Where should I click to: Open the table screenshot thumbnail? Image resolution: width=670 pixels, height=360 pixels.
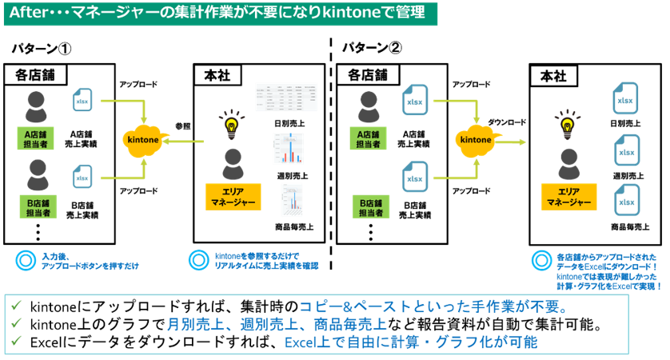point(285,97)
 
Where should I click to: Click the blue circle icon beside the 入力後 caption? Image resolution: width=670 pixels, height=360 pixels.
point(25,259)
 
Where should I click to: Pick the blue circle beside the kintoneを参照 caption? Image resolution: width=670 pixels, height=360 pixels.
point(197,259)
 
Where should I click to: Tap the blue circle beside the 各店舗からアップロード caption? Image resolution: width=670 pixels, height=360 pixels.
point(540,260)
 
